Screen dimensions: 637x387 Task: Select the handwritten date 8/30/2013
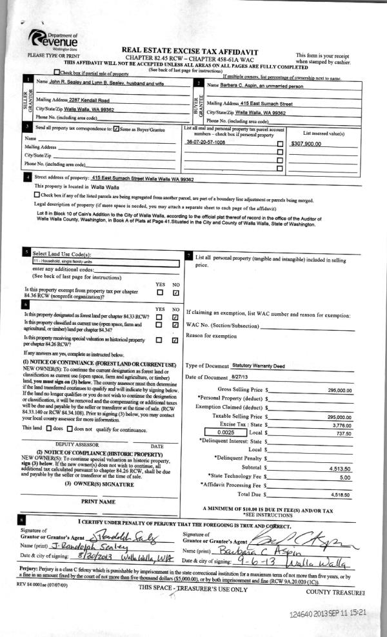74,555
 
